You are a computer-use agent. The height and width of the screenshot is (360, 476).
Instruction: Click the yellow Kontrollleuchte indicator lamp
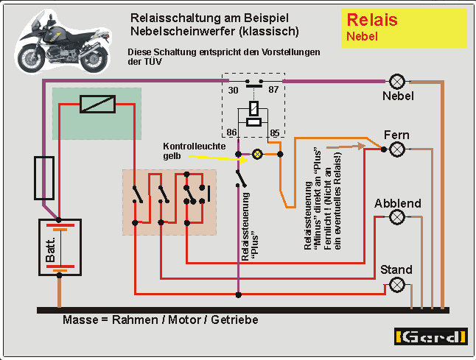257,154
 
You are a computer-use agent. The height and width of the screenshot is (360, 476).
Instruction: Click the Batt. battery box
60,247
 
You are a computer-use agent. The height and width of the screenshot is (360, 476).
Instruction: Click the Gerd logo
432,337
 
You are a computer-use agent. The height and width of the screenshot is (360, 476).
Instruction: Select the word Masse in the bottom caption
81,322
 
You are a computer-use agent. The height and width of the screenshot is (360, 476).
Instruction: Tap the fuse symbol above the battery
44,177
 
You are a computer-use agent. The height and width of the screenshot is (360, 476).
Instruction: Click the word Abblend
398,202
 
